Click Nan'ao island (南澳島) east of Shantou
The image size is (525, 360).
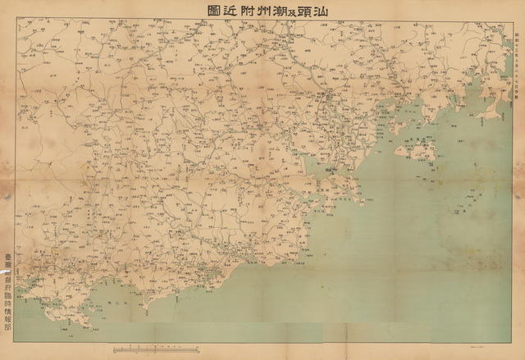414,150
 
